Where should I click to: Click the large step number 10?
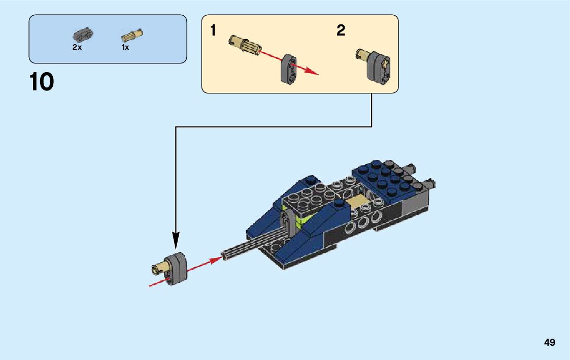point(42,82)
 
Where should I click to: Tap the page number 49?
point(549,342)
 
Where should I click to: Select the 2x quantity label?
point(77,47)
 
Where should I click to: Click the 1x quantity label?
point(125,47)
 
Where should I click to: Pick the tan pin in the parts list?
point(132,36)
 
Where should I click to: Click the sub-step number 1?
point(213,31)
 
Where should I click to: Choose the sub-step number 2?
point(341,31)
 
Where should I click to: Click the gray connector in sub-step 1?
point(288,70)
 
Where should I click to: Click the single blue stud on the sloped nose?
point(311,179)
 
